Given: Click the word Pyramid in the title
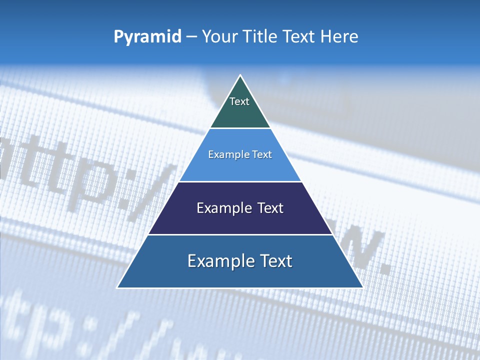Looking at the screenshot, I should tap(147, 37).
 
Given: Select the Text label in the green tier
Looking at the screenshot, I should tap(239, 102).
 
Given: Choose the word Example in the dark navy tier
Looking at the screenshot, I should tap(221, 208).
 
